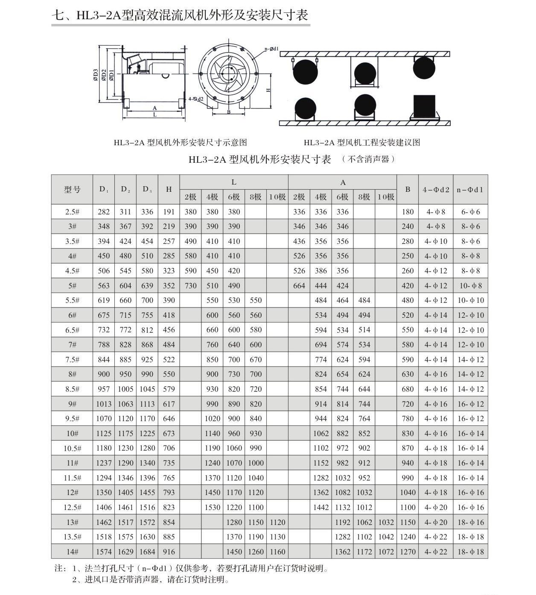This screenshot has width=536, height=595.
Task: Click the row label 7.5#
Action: tap(72, 360)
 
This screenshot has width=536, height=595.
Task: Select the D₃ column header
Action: tap(147, 189)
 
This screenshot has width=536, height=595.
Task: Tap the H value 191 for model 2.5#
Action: tap(169, 212)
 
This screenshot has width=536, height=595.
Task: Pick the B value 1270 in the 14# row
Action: tap(408, 552)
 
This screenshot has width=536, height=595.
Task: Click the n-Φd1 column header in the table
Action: tap(470, 189)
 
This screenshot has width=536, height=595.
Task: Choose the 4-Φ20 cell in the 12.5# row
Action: tap(436, 507)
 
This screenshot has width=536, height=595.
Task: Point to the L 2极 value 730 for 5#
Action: tap(190, 286)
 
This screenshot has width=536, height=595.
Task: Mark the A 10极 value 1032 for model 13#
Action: tap(386, 522)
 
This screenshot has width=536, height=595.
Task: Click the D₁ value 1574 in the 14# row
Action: tap(104, 552)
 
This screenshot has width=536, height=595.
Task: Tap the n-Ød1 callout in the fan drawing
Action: tap(271, 49)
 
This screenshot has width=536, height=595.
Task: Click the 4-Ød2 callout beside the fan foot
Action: tap(196, 99)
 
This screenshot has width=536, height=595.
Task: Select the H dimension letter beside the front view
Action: tap(268, 90)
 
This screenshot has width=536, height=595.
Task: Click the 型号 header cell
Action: tap(72, 189)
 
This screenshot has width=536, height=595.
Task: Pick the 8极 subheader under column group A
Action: tap(364, 197)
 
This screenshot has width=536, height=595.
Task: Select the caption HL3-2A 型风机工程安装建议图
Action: tap(362, 143)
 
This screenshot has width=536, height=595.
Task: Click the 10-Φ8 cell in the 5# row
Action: tap(470, 286)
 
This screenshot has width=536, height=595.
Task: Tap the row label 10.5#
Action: tap(72, 448)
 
